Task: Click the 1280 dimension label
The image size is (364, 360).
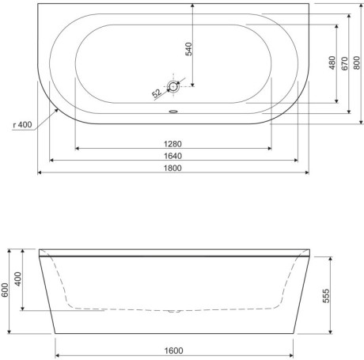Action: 173,144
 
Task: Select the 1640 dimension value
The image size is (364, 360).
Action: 173,156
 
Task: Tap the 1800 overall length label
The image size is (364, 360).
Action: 173,168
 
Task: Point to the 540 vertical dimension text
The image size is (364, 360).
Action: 189,49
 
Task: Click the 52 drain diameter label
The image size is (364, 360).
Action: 157,93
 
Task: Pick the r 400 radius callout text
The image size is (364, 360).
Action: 22,124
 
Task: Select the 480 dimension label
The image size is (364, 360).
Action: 332,63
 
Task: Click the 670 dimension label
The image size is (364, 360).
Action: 344,63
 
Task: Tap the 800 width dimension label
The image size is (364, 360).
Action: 357,63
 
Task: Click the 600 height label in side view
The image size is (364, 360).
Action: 5,290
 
